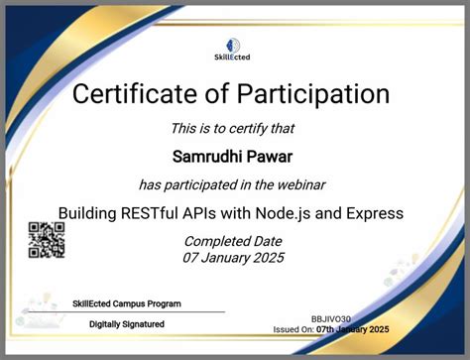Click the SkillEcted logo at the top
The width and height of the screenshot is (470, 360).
pyautogui.click(x=235, y=48)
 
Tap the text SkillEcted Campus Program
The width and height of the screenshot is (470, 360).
pyautogui.click(x=127, y=303)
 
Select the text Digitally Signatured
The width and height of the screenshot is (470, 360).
pyautogui.click(x=127, y=324)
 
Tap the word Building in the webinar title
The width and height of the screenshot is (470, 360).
pyautogui.click(x=88, y=212)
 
